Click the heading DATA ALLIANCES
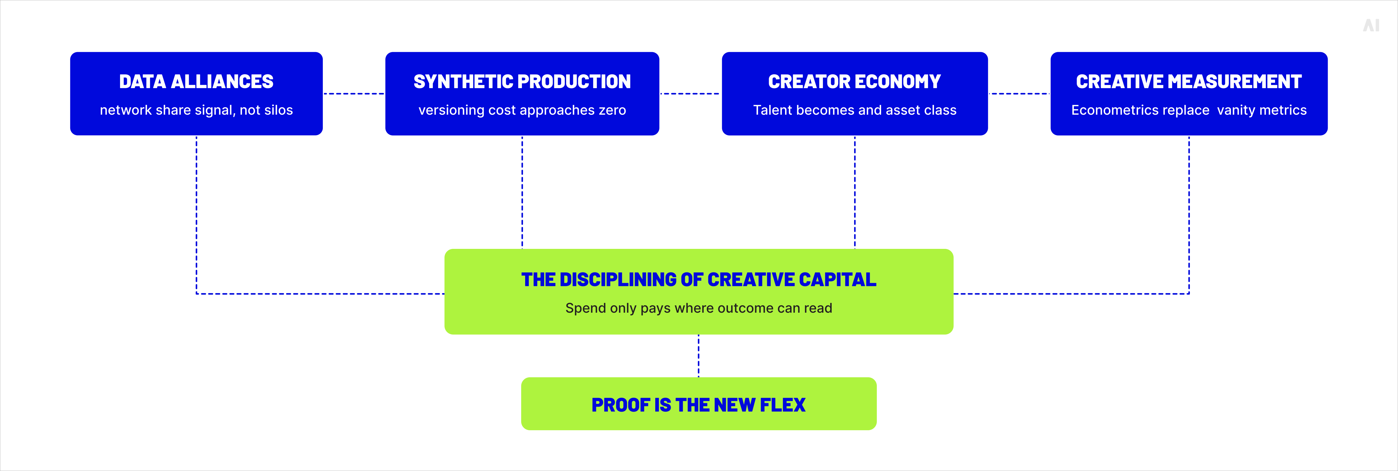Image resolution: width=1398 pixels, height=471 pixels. tap(196, 82)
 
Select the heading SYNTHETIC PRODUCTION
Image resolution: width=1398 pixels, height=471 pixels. tap(522, 82)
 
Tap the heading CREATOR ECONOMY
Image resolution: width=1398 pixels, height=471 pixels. tap(855, 82)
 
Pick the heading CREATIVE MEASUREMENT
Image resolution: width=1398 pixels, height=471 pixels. tap(1189, 82)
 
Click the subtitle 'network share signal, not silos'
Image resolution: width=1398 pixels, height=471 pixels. tap(196, 110)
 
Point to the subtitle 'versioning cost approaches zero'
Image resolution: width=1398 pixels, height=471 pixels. tap(522, 110)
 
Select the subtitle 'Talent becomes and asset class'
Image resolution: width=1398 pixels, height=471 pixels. tap(855, 110)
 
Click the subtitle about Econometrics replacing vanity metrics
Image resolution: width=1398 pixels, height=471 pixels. tap(1189, 110)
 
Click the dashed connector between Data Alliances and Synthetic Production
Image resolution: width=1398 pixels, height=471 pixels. tap(354, 93)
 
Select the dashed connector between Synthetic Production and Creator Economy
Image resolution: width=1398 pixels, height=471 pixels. tap(690, 93)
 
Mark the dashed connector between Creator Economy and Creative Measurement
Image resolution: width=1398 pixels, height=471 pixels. tap(1019, 93)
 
